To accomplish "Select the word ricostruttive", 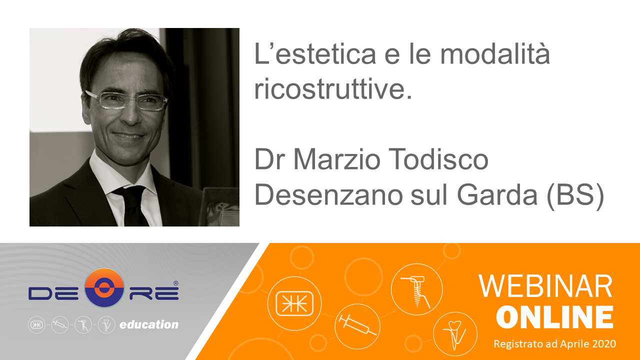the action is (333, 88).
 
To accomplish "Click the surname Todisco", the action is (438, 159).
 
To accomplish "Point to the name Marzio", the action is (337, 159).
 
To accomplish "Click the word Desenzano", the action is (328, 194).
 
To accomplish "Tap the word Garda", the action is (497, 194).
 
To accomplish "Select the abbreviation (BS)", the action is (575, 195).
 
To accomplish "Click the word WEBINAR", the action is (545, 286).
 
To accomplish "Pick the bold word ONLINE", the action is (554, 317).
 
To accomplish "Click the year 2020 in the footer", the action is (604, 343).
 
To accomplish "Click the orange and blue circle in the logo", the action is (104, 287).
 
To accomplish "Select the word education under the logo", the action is (149, 324).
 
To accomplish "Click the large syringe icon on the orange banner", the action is (357, 325).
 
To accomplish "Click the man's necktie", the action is (132, 205).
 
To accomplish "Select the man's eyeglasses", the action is (126, 100).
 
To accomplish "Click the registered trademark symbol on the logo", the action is (176, 283).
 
